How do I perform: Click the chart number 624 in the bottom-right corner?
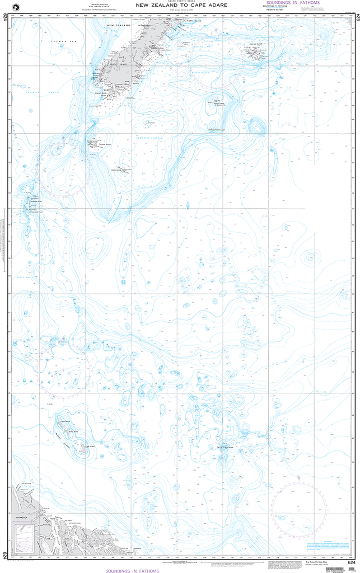click(350, 562)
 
